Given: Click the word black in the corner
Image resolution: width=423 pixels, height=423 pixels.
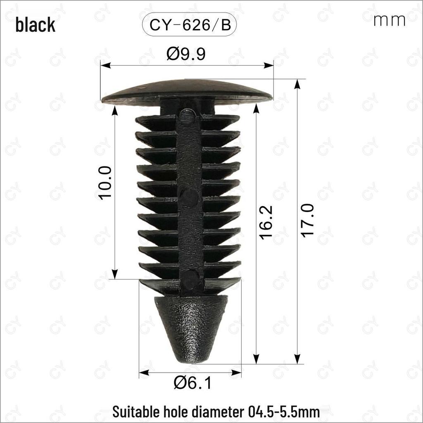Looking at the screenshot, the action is tap(36, 25).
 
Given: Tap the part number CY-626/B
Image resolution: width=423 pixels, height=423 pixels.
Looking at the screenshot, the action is tap(190, 25).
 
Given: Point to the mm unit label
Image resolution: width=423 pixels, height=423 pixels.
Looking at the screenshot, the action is tap(389, 21).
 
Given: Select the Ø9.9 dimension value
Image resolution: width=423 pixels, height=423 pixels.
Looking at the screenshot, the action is tap(186, 54).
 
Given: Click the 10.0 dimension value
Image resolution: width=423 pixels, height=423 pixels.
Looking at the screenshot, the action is tap(105, 183).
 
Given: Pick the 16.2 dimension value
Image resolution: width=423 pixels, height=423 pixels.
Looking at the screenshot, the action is tap(266, 223).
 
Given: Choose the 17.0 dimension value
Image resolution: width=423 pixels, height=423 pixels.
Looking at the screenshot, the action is tap(307, 221).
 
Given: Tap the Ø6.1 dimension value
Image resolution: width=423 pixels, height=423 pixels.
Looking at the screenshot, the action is tap(192, 383).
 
